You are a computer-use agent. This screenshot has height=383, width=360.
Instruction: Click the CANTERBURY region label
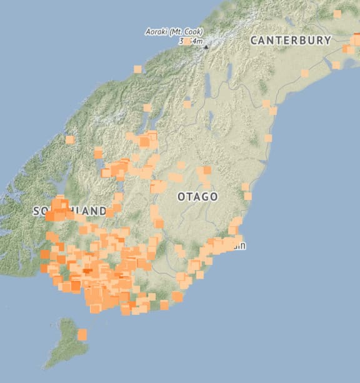click(x=290, y=40)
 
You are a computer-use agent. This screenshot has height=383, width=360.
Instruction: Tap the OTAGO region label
click(x=197, y=197)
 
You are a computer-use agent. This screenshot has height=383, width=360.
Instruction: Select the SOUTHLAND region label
click(x=70, y=211)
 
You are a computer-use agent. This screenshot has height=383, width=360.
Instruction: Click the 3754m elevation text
click(x=191, y=41)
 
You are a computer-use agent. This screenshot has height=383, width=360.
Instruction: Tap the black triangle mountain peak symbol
click(x=205, y=46)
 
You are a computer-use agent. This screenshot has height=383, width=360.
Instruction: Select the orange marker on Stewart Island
click(x=82, y=335)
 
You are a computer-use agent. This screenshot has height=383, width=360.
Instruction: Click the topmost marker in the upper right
click(x=337, y=13)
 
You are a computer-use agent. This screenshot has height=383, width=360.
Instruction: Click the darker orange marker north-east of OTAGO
click(x=207, y=170)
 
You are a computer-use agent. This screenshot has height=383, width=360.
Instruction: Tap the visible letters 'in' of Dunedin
click(x=241, y=246)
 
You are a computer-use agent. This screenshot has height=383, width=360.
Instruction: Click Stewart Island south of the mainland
click(x=66, y=344)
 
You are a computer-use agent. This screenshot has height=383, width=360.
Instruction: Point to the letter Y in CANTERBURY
click(x=327, y=40)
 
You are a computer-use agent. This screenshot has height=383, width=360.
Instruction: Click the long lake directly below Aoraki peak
click(x=207, y=81)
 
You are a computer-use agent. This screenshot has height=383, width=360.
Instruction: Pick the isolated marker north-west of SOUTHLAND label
click(x=70, y=140)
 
